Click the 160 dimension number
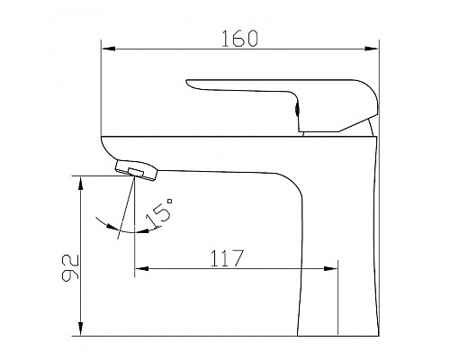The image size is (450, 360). click(239, 39)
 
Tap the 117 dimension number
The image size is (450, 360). click(227, 258)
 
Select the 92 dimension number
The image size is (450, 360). click(70, 268)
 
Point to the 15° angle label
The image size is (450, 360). click(159, 212)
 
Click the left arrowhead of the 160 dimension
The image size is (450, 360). click(108, 49)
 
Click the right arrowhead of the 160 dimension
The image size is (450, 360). click(372, 49)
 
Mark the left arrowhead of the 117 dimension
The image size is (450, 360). click(141, 268)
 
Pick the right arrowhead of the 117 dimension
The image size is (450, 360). click(331, 268)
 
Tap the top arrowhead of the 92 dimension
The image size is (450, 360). click(80, 184)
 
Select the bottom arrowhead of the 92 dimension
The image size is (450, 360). click(80, 328)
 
